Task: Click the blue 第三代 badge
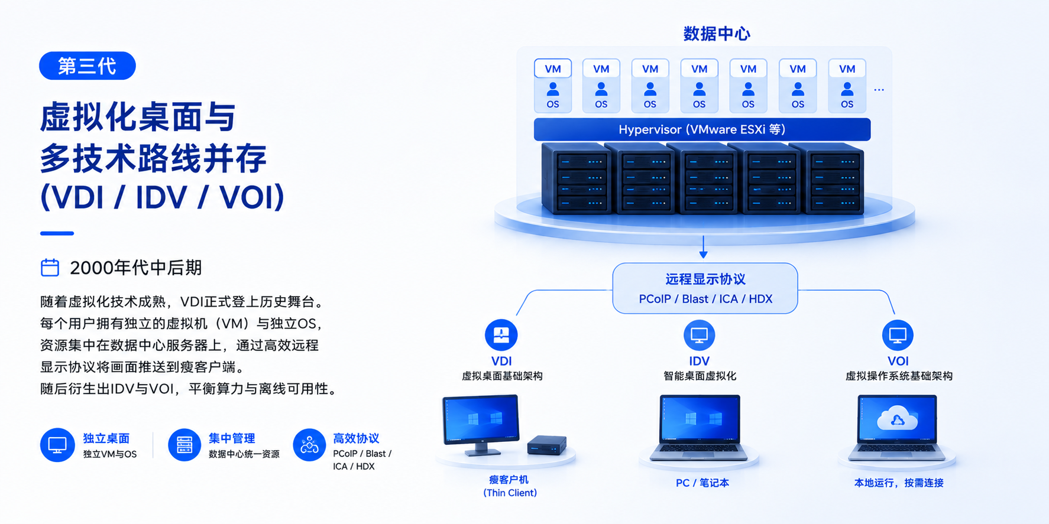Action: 88,66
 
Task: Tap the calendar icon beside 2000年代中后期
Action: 50,268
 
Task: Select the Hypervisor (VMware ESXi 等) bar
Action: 702,129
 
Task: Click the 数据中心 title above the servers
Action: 717,34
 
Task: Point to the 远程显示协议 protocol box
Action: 705,288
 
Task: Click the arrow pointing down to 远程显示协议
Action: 703,247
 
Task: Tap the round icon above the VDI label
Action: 501,335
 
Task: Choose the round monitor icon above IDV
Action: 699,335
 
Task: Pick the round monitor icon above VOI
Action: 898,335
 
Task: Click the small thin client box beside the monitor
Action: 547,445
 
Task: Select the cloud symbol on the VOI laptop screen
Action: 898,418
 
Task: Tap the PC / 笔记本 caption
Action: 702,483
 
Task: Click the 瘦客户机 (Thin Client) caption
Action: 510,486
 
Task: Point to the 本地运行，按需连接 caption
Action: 899,483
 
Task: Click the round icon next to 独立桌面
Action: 57,445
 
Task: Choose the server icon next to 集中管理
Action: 184,445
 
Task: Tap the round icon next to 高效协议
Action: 309,445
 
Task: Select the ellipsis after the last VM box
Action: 879,90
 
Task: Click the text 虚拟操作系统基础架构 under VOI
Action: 899,376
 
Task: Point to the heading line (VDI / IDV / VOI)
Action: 163,197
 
